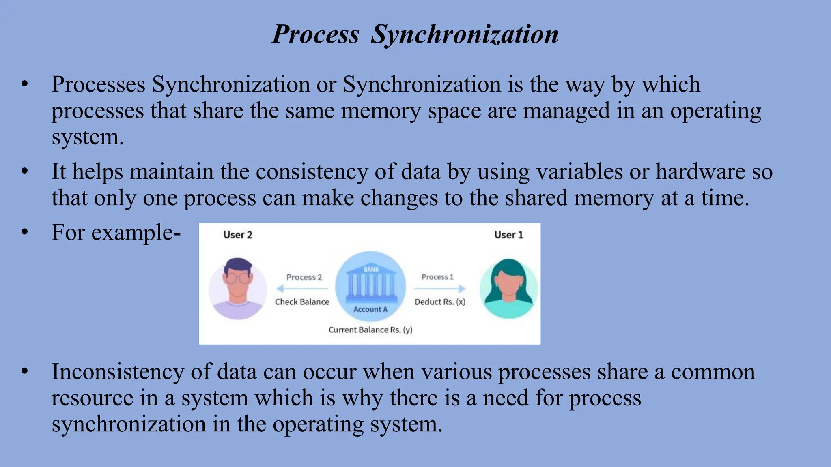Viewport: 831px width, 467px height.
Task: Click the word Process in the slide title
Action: (x=315, y=34)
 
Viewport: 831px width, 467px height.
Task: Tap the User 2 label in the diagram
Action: (x=238, y=235)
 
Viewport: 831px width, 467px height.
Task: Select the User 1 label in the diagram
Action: (x=508, y=235)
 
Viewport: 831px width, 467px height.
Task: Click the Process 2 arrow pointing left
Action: (x=302, y=289)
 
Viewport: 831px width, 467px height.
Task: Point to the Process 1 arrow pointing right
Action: (x=440, y=289)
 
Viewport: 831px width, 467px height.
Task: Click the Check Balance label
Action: (x=302, y=302)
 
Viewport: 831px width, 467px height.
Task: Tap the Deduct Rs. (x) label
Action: (x=440, y=302)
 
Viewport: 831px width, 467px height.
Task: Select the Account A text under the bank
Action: (x=370, y=310)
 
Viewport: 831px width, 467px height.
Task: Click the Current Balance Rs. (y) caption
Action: (x=370, y=330)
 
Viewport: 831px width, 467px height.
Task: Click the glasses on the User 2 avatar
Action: (x=238, y=278)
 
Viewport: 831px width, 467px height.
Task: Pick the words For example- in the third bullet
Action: (x=116, y=233)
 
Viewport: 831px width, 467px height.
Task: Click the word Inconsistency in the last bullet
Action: (x=117, y=372)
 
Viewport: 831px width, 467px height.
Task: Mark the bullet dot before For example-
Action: (x=25, y=232)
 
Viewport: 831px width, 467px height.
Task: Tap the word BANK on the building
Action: (x=371, y=270)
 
